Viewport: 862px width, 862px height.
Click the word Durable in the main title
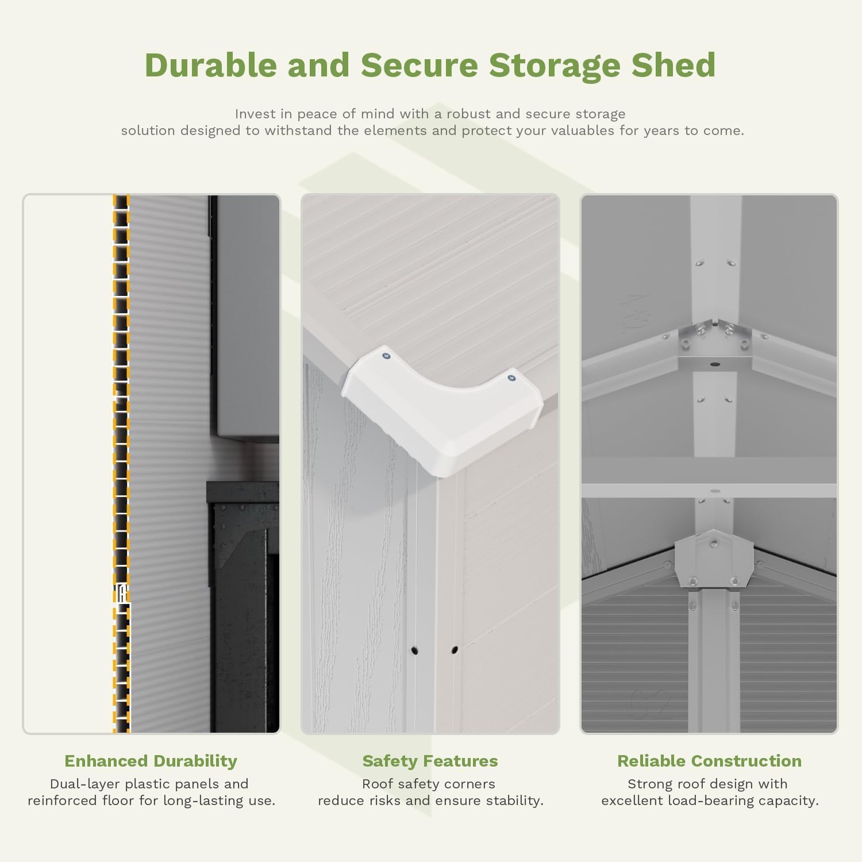point(210,65)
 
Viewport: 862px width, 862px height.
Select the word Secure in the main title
point(419,65)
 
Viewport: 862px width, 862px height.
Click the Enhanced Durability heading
point(151,761)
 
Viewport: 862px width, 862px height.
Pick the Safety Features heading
point(430,761)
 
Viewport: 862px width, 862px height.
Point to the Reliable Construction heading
point(709,761)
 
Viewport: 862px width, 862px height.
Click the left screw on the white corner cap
point(386,356)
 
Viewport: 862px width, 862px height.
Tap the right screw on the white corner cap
point(511,378)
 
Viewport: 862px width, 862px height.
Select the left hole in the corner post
point(414,651)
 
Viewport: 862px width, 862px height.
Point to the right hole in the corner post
point(455,650)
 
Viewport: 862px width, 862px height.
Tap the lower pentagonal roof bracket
point(713,560)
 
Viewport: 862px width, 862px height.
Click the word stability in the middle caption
point(514,801)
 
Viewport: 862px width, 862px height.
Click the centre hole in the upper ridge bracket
point(714,364)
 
